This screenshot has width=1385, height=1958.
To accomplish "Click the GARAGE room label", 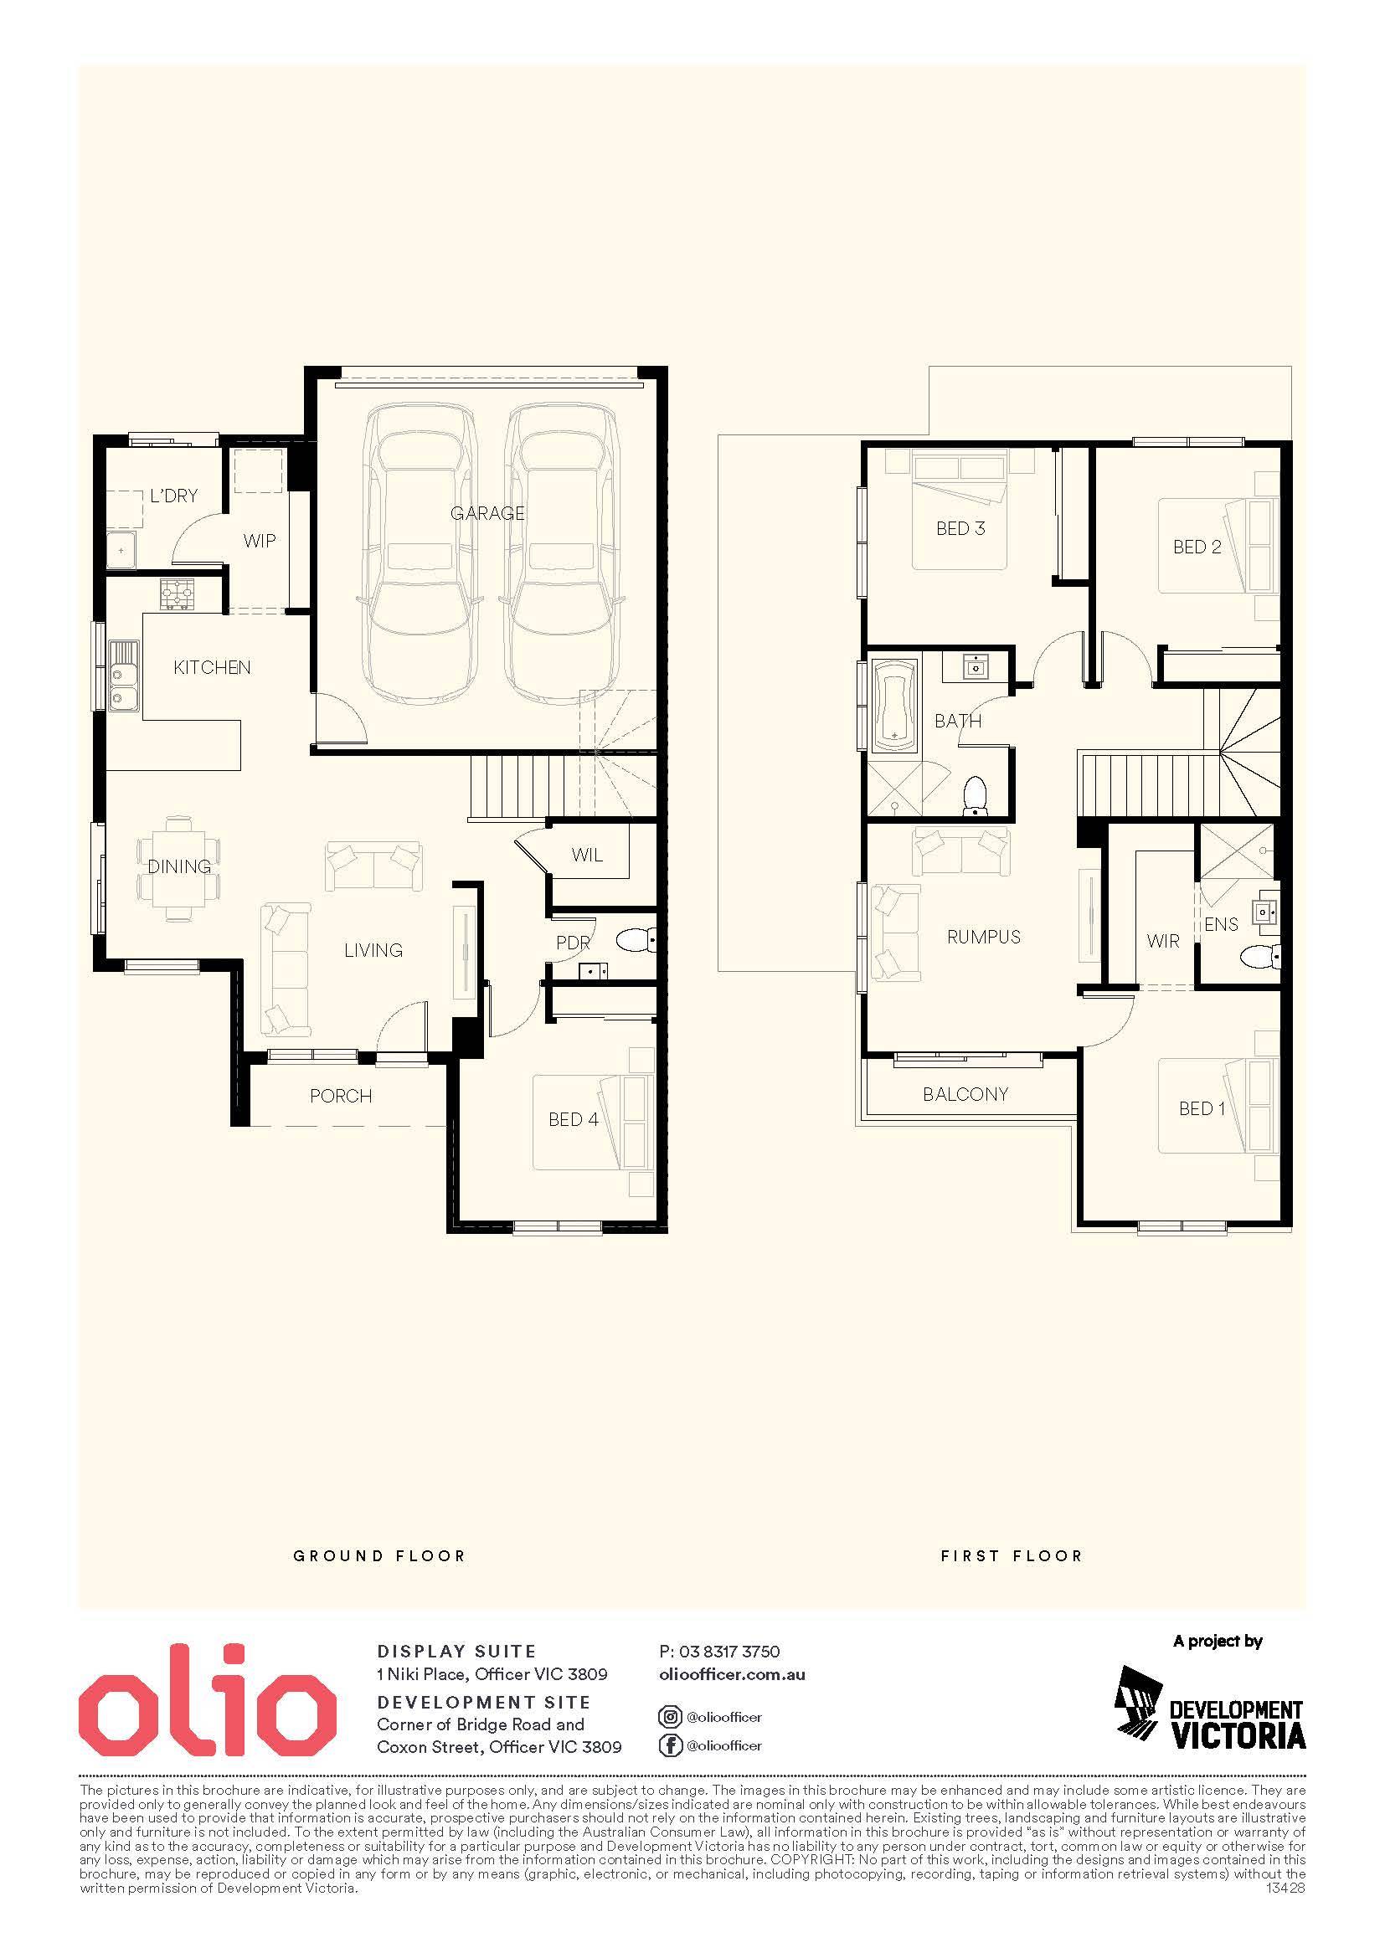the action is point(487,513).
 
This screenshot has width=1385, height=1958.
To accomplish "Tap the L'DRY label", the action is point(174,496).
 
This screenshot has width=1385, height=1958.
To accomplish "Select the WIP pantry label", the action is point(260,541).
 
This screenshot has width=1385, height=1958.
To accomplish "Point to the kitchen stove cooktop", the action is point(178,594).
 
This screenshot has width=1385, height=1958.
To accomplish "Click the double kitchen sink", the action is point(123,674).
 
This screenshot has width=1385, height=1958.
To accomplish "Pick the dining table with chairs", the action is point(179,867).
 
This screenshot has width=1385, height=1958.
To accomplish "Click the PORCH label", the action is point(341,1096).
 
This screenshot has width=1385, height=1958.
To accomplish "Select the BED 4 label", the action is point(573,1120).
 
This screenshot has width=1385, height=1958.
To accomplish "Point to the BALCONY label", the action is point(965,1094).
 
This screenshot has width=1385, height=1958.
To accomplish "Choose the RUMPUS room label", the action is point(983,938).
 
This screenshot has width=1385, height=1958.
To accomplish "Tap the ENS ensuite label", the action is point(1220,924).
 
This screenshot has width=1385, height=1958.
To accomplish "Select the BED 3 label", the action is point(960,529).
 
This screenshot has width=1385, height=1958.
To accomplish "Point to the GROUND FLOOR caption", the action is point(379,1555).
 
